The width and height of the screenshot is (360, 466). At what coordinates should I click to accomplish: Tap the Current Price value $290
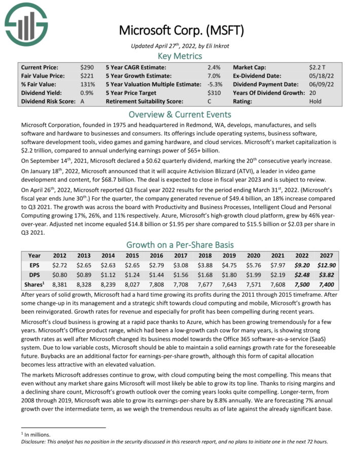click(x=87, y=67)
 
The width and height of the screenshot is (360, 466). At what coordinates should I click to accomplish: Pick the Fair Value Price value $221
click(x=87, y=76)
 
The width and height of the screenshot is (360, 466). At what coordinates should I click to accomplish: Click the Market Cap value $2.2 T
click(x=317, y=67)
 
